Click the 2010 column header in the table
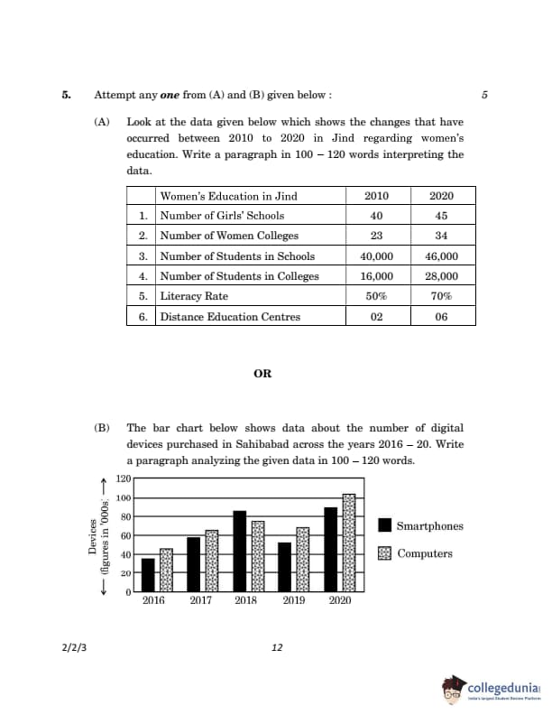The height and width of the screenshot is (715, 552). tap(376, 196)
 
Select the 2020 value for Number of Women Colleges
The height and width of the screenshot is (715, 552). tap(441, 235)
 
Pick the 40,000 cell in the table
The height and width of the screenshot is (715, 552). tap(376, 255)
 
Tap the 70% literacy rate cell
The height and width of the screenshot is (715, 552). tap(441, 296)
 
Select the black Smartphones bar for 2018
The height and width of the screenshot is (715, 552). tap(239, 551)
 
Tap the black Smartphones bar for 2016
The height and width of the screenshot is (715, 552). tap(148, 575)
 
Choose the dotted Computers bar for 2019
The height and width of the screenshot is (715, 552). tap(302, 560)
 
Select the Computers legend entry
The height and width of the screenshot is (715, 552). tap(416, 553)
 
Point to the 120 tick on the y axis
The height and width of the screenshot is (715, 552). tap(124, 479)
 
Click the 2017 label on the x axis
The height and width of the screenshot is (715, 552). tap(200, 599)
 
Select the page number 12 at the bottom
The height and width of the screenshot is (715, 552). tap(277, 647)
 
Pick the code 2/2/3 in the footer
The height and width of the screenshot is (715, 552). tap(76, 647)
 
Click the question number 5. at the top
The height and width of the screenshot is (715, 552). tap(67, 95)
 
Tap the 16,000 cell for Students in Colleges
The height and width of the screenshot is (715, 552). tap(376, 275)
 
